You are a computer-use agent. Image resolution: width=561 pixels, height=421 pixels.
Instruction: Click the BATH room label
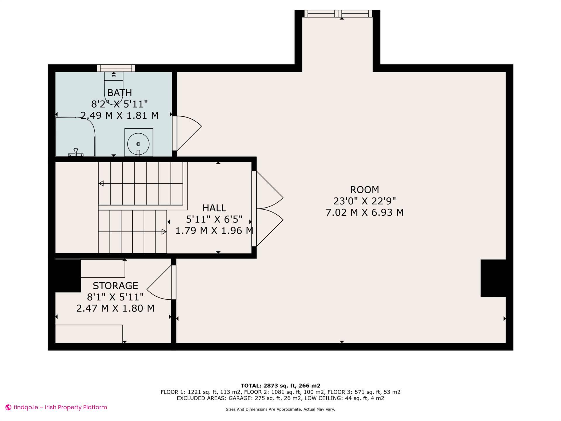coord(120,93)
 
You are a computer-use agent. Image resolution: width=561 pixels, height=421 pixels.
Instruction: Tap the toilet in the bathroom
coord(114,85)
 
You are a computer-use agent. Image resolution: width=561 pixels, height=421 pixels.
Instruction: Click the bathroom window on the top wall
coord(116,68)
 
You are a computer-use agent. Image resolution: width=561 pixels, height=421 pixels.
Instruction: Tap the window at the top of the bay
coord(338,13)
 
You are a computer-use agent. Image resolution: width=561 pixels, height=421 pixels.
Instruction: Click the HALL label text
coord(214,208)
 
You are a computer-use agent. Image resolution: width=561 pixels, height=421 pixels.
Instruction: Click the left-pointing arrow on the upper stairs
coord(101,184)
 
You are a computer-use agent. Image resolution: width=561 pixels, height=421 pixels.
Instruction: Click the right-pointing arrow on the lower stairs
coord(164,232)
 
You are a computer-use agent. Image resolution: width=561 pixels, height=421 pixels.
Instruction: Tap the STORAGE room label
coord(115,286)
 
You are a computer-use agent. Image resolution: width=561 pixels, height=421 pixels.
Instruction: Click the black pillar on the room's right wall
coord(493,278)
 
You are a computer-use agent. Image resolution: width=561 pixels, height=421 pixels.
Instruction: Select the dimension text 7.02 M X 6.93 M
coord(364,213)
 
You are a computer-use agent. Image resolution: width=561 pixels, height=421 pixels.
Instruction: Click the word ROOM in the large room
coord(364,190)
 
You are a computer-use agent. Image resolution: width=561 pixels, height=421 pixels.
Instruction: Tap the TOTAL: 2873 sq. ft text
coord(280,386)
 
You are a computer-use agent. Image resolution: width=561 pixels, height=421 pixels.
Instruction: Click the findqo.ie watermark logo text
coord(60,407)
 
